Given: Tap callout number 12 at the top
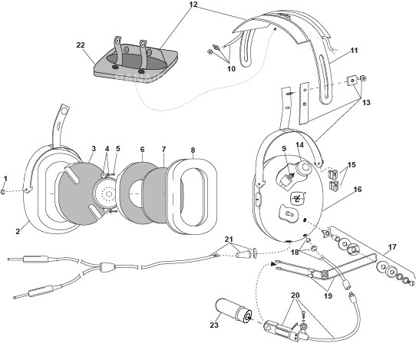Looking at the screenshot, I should (x=193, y=5).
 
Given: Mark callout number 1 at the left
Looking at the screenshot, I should (x=5, y=178).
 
